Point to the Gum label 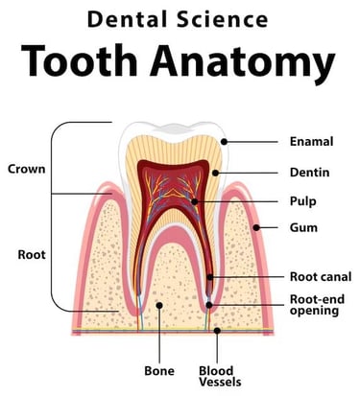point(303,229)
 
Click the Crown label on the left point(26,169)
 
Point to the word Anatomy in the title point(250,63)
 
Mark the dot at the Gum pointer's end point(256,229)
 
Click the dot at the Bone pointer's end point(159,306)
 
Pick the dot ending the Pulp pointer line point(195,201)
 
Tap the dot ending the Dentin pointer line point(217,173)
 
